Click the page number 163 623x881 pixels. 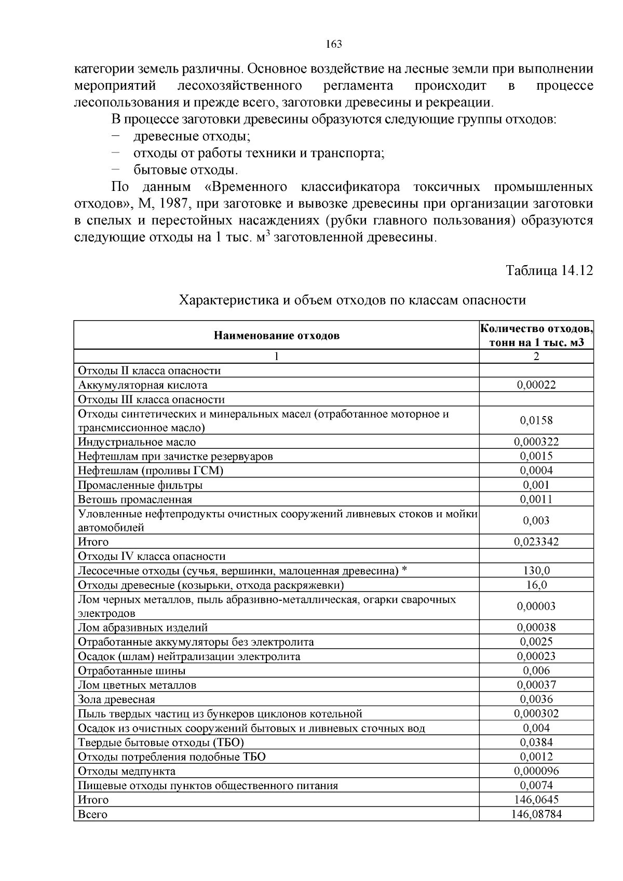334,44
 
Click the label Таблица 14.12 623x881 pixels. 549,270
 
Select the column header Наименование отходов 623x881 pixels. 276,335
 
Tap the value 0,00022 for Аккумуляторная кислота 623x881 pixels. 536,385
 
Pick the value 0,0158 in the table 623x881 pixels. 536,421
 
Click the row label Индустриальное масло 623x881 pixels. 137,442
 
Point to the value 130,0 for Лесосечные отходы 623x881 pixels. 536,571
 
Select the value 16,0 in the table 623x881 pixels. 536,585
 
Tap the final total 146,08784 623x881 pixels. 536,815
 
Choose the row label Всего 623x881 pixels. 92,815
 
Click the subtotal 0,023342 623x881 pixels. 536,542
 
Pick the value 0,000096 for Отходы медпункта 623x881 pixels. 536,771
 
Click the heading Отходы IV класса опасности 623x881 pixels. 152,557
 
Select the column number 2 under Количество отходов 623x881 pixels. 536,356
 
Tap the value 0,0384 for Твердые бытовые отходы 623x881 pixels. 536,742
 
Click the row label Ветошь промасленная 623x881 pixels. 135,500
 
